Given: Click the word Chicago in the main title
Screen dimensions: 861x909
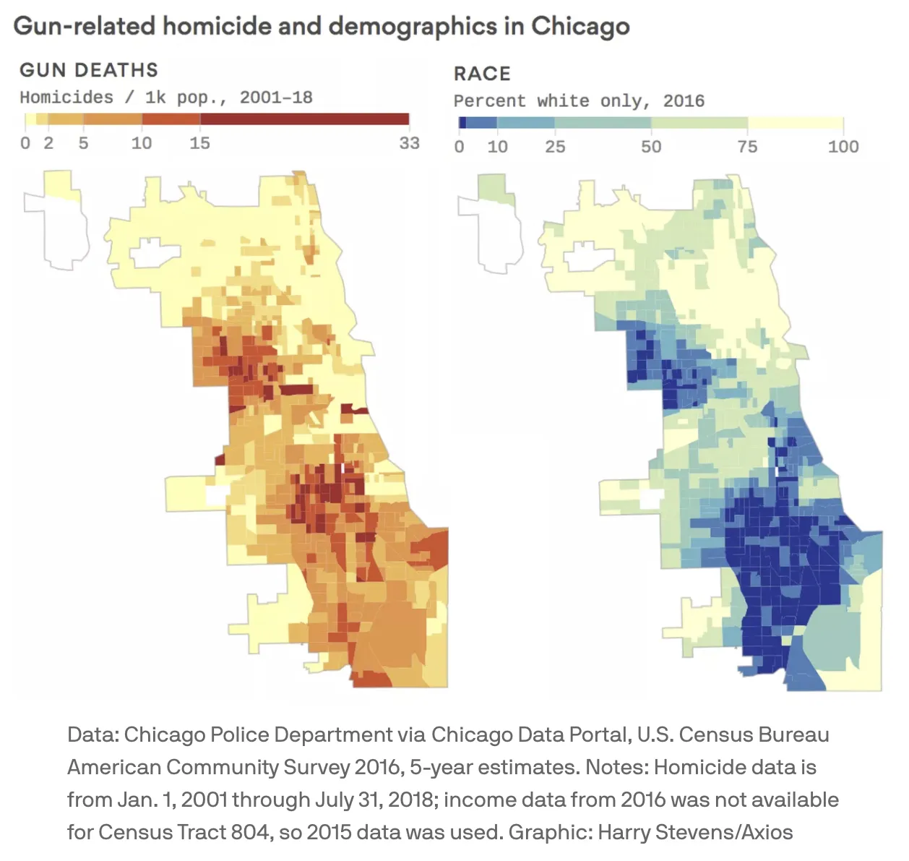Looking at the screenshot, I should (x=580, y=27).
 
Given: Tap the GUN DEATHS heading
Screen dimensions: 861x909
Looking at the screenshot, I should (x=89, y=70).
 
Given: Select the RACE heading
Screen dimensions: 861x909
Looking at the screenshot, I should (x=482, y=74).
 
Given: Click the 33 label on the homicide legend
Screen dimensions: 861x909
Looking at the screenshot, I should (x=409, y=143).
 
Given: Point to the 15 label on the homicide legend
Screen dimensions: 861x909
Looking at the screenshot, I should (x=199, y=143).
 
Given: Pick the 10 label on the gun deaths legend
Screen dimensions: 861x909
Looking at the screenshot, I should (x=142, y=143).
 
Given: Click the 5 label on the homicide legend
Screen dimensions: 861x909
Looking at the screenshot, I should (x=83, y=143).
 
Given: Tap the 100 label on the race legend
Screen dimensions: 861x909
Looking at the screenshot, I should (x=843, y=147).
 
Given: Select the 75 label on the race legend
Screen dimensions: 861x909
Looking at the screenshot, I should (x=747, y=147).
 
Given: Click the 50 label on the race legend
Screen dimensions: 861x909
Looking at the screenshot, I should (x=651, y=147).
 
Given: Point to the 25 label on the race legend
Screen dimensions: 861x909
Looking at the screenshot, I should (x=555, y=147).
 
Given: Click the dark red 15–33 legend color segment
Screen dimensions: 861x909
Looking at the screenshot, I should (x=303, y=119).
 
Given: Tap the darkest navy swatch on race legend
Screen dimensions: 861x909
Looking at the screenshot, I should (x=462, y=123).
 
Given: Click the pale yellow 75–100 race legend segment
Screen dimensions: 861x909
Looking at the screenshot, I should (x=795, y=123).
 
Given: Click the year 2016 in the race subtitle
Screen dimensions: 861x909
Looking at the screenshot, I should (x=684, y=101).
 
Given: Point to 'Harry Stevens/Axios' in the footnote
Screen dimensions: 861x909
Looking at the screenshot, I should (x=723, y=832).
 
